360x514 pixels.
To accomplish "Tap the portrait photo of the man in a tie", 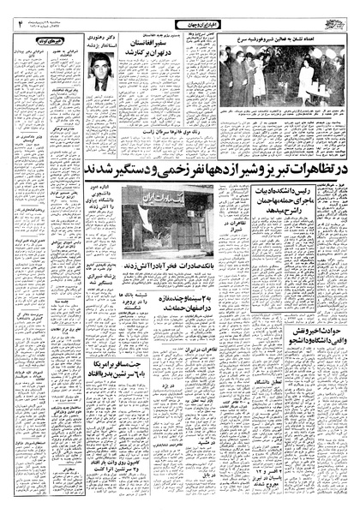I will click(100, 73).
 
